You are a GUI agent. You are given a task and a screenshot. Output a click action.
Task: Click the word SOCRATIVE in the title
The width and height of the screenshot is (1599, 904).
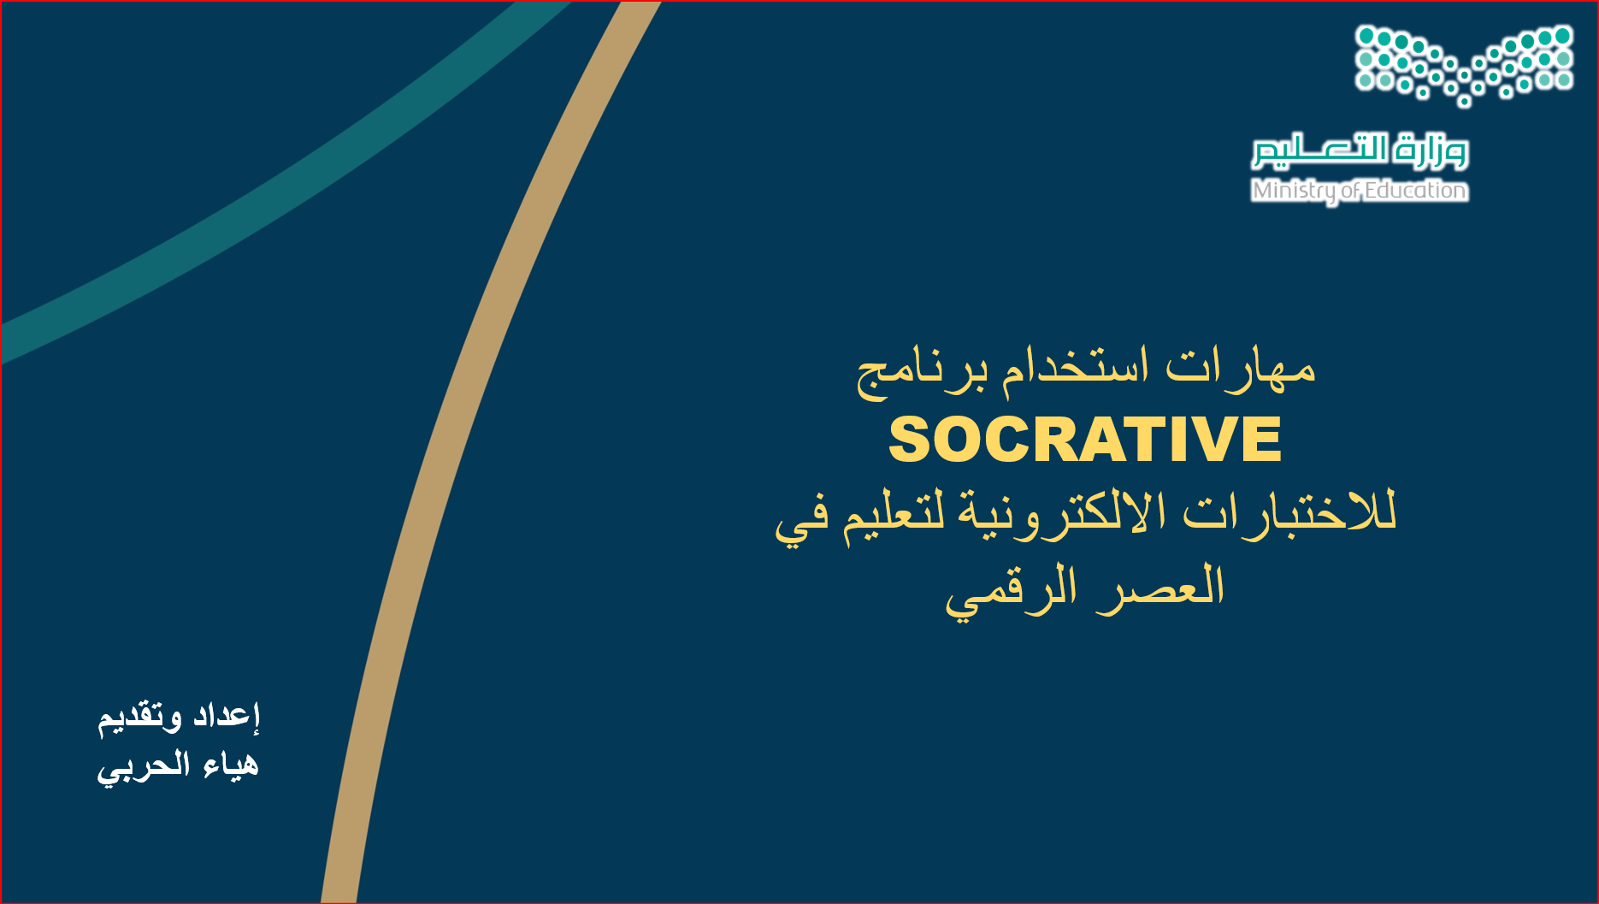pos(1085,440)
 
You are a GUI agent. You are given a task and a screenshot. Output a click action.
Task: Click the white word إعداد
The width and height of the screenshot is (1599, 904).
pos(226,715)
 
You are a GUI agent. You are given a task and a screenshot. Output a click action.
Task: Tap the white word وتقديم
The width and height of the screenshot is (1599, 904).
pos(139,718)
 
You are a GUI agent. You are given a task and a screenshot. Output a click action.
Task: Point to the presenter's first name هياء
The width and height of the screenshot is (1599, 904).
pos(231,764)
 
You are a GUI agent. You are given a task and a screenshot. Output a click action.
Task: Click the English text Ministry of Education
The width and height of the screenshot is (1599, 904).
pos(1360,191)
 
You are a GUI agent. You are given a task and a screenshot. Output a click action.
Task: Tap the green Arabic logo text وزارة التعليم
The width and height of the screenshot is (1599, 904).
pos(1360,151)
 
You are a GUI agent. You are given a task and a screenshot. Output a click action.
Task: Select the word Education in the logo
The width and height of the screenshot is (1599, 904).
pos(1415,190)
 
